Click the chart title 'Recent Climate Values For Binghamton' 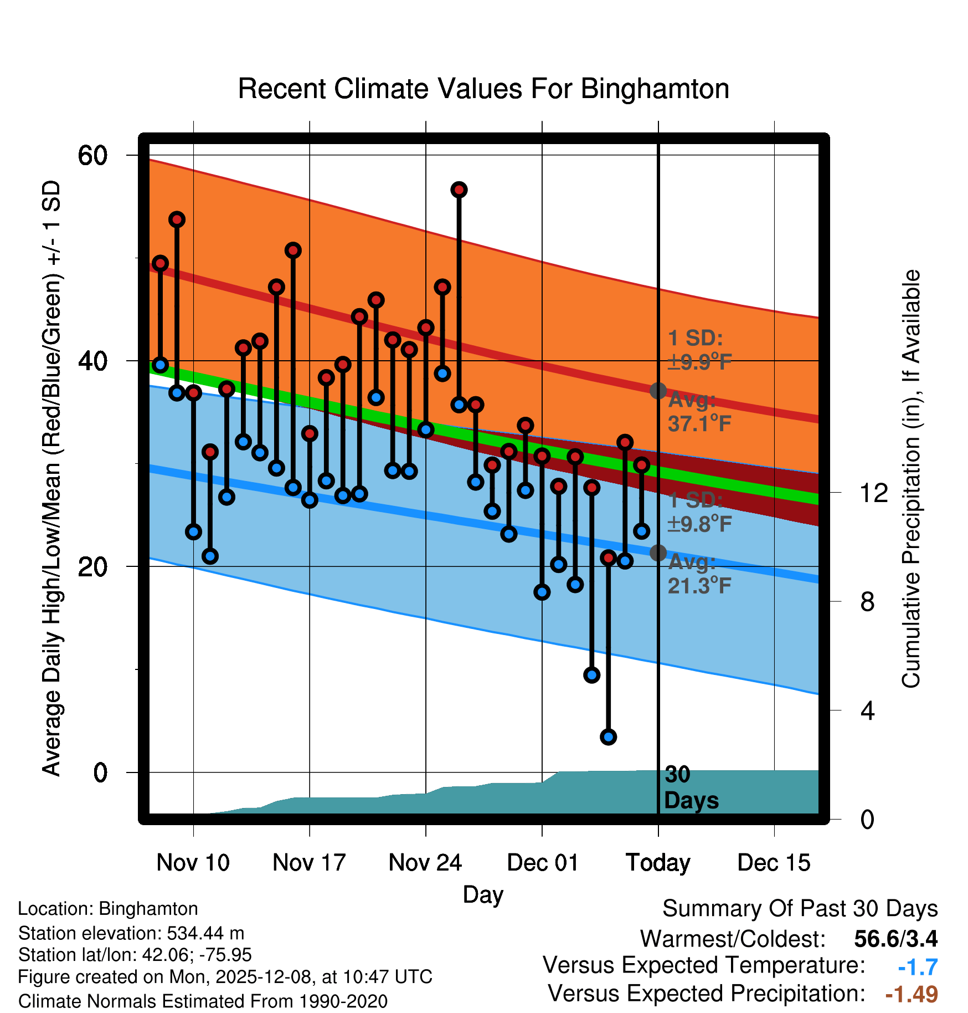[x=483, y=89]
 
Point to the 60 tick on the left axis [x=92, y=156]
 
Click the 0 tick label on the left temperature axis [x=100, y=772]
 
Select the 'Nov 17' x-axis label [x=309, y=863]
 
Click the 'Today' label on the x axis [x=658, y=863]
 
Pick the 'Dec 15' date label [x=774, y=863]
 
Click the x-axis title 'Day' [x=483, y=895]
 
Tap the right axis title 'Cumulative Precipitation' [x=911, y=479]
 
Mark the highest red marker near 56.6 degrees [x=459, y=190]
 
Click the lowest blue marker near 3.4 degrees [x=608, y=737]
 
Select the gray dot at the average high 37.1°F [x=658, y=391]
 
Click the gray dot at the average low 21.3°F [x=658, y=552]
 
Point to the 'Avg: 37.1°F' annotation [x=699, y=412]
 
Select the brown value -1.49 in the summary [x=912, y=994]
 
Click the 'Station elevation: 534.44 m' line [x=131, y=934]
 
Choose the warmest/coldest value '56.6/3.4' [x=895, y=939]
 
